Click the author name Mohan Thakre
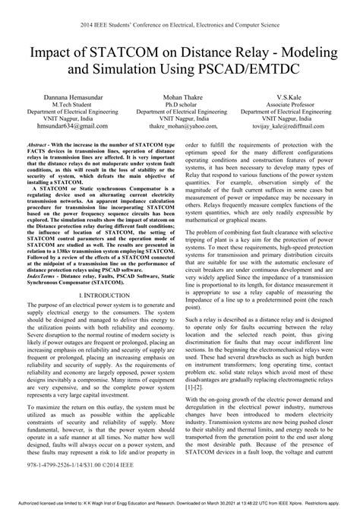pyautogui.click(x=179, y=99)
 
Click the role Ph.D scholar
pyautogui.click(x=179, y=106)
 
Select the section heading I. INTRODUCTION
pyautogui.click(x=96, y=294)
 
